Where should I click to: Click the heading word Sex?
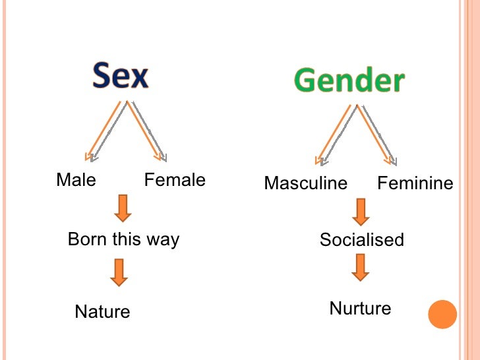pos(121,76)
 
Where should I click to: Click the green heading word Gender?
pos(349,80)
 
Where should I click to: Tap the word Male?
pos(76,180)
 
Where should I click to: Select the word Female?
pos(175,180)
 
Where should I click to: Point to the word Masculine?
pos(305,183)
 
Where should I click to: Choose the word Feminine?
pos(415,183)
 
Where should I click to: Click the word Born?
pos(87,239)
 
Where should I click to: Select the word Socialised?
pos(361,239)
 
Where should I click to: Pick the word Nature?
pos(102,311)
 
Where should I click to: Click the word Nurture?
pos(360,308)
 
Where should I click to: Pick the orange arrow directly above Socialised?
pos(360,212)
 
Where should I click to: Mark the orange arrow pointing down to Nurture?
pos(360,267)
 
